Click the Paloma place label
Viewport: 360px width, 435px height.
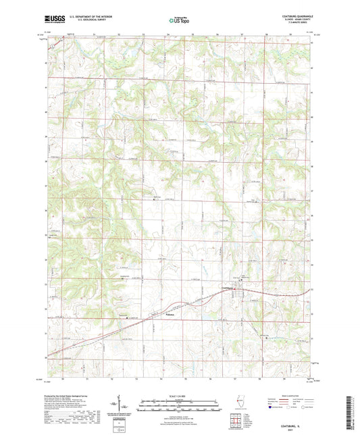170,314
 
